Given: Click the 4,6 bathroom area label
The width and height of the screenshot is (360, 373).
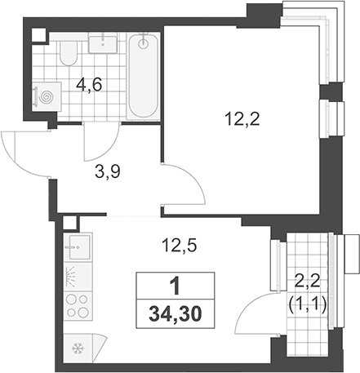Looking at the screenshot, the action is pos(89,85).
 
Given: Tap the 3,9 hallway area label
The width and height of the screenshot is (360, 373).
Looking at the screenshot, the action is pos(108,171).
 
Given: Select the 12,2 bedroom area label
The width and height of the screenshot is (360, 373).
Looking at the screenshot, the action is pos(242,119).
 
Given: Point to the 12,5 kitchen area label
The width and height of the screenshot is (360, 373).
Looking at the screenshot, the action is pos(179,245).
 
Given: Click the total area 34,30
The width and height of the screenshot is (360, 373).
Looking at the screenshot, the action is pos(176,314).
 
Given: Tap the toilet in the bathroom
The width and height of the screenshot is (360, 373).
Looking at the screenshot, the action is pos(69,53).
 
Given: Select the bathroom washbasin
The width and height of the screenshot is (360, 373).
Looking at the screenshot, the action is pos(103,42).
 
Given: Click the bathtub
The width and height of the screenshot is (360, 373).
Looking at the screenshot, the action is pos(144,77).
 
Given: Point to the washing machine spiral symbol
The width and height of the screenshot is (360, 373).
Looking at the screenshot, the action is pos(46,96).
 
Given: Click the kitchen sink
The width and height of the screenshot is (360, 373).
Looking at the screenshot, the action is pos(78,247).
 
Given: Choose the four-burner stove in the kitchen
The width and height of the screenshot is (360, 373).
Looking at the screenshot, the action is pos(78,305).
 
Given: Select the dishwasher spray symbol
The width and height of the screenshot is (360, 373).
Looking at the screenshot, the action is pos(71,276).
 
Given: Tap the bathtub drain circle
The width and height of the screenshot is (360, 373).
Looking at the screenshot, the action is pos(143,43).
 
